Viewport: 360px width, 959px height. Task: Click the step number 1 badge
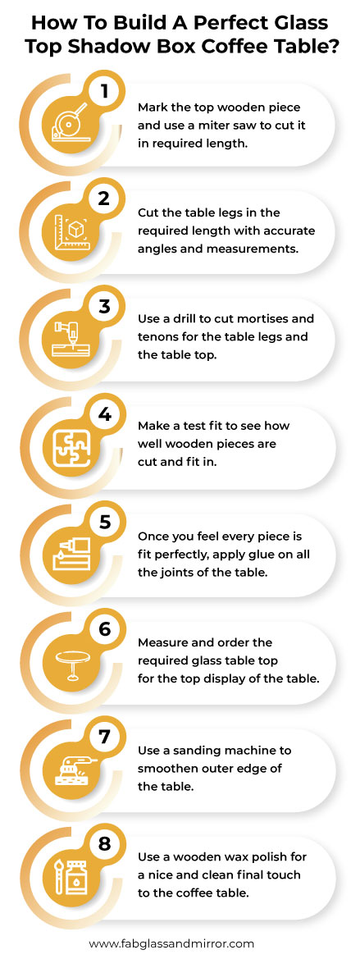(104, 91)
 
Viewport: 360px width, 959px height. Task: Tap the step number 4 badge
(104, 414)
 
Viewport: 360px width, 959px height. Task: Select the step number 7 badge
(104, 737)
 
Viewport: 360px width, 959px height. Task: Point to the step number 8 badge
(104, 845)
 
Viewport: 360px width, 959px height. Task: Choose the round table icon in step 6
(72, 664)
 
